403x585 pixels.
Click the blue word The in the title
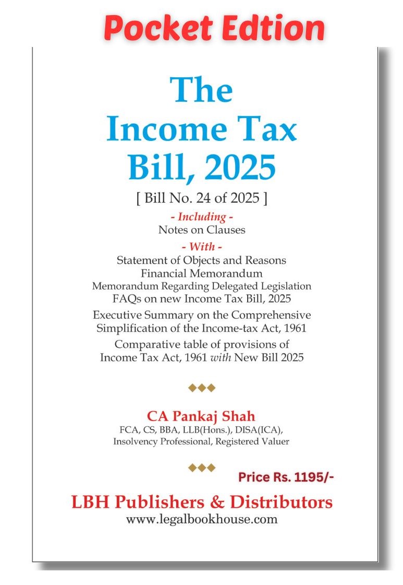coord(202,90)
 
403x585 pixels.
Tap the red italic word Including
coord(202,217)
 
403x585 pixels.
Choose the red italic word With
coord(202,247)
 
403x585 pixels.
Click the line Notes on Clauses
coord(202,229)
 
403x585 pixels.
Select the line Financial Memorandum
coord(202,273)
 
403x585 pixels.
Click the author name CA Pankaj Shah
coord(201,416)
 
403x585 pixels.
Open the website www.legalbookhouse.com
coord(202,519)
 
